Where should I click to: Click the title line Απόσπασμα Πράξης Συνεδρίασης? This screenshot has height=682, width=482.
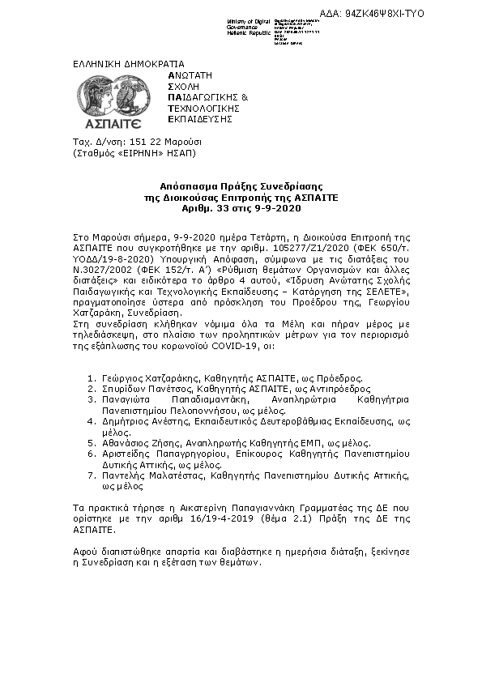(241, 187)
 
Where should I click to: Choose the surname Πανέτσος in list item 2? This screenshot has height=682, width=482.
(164, 389)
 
